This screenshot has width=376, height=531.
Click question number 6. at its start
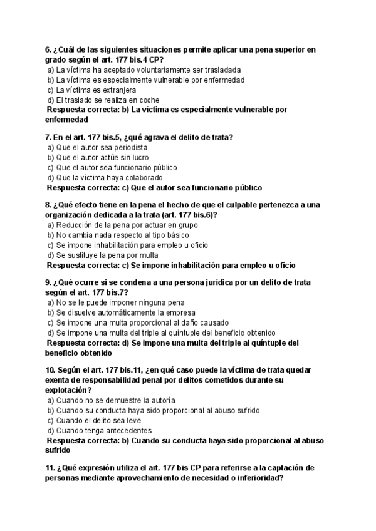tap(48, 49)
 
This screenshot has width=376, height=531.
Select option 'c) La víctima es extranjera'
tap(91, 90)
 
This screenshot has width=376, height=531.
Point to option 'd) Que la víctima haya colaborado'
tap(101, 177)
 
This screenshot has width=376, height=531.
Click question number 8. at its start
tap(48, 205)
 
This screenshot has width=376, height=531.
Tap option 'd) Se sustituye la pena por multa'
tap(103, 255)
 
